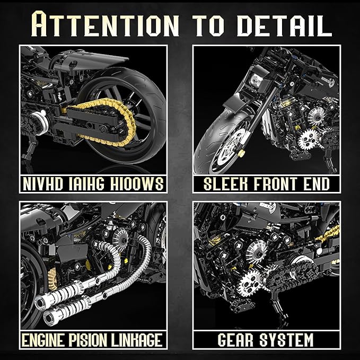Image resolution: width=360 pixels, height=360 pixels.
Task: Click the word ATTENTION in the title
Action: [x=106, y=24]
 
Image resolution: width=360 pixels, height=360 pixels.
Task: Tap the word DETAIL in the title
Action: [x=285, y=25]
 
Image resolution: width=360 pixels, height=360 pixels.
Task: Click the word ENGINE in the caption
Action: [x=43, y=340]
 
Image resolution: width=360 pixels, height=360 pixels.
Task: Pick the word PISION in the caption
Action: [x=88, y=340]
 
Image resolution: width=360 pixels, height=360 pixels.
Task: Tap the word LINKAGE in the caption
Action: [x=137, y=340]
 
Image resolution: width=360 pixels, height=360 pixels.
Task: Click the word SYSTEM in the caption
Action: [x=287, y=340]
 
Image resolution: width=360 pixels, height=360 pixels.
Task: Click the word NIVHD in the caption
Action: [x=43, y=183]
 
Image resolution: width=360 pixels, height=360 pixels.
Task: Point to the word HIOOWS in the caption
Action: [x=137, y=183]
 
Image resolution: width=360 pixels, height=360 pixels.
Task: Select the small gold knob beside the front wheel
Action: [x=241, y=153]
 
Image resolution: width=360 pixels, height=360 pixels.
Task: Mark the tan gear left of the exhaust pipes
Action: [x=52, y=279]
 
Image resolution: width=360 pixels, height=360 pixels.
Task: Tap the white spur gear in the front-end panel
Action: [x=308, y=139]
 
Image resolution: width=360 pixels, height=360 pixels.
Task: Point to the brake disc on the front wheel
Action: [x=229, y=147]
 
